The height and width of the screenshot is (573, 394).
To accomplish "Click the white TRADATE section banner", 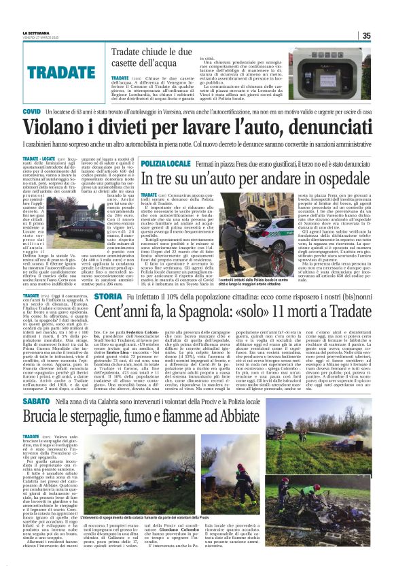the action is click(71, 71).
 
